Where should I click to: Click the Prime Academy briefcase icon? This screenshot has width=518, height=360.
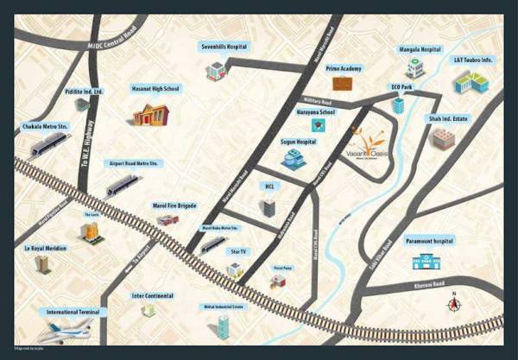coord(344,84)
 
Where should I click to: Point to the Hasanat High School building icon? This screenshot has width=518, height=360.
coord(150,114)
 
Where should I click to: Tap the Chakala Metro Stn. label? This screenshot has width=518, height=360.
coord(46,128)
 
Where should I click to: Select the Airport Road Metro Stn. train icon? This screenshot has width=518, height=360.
coord(122,185)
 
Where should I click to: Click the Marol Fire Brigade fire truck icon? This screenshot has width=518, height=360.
coord(167,220)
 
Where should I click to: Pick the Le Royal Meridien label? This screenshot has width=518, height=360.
coord(42,248)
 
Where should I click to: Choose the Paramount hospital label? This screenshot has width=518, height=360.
coord(431,241)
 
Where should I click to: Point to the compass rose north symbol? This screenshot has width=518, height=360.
coord(452,304)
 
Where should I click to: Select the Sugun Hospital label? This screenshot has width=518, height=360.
coord(298,141)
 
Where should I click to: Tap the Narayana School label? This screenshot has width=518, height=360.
coord(315,112)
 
